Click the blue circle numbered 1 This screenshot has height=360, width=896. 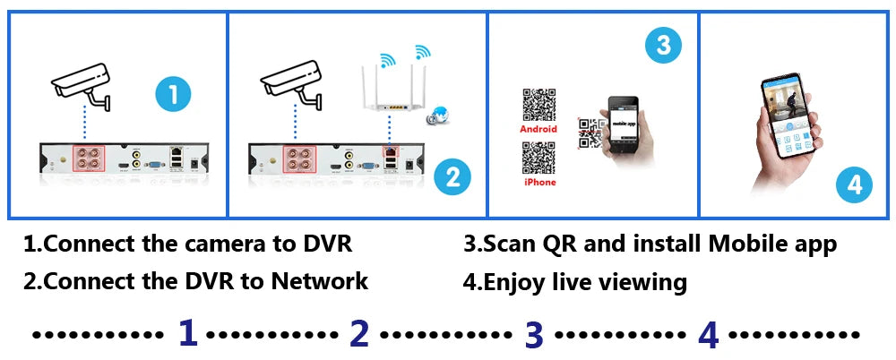pos(173,93)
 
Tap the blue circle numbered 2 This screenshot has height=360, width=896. pos(452,177)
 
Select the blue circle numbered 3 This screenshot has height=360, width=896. pos(663,46)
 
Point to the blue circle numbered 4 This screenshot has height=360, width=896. pos(854,185)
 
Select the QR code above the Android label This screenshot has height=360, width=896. pos(538,105)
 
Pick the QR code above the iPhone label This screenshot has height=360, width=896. pos(538,158)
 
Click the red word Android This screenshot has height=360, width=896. pos(538,129)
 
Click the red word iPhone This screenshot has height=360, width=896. pos(539,182)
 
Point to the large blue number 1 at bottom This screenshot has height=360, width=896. pos(187,333)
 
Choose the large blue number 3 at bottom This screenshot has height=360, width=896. pos(534,334)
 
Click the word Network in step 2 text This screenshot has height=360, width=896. pos(320,281)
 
